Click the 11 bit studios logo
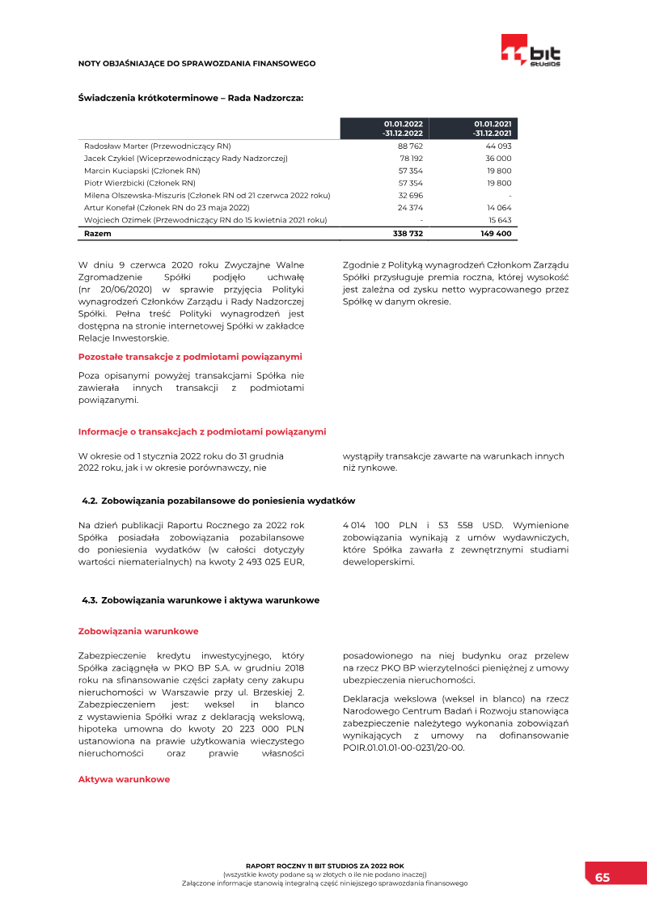point(531,51)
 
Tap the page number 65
point(603,877)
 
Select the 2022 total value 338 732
point(408,233)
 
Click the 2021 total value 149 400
point(496,233)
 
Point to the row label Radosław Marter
point(157,146)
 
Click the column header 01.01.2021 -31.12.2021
point(493,128)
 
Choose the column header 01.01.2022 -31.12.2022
point(403,128)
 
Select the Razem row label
point(98,233)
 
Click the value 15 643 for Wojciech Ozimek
point(499,220)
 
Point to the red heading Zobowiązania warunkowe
point(137,631)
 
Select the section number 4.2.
point(90,501)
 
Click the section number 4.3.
point(90,600)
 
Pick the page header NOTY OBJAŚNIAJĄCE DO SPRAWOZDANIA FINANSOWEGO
point(197,63)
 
